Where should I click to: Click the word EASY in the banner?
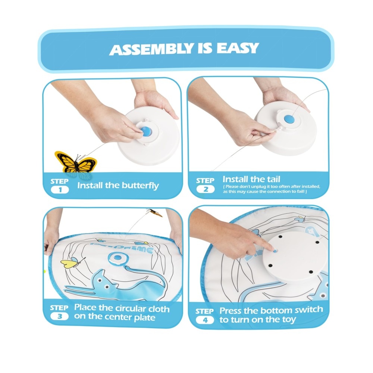(x=238, y=48)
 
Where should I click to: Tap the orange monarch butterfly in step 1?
(x=75, y=163)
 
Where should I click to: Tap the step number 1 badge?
(x=60, y=189)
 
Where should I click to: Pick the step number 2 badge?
(x=206, y=189)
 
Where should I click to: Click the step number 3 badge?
(x=59, y=316)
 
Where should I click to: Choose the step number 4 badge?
(x=205, y=320)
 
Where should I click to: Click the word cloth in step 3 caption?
(x=159, y=309)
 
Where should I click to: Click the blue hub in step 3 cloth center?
(x=117, y=257)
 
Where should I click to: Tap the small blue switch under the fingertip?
(x=275, y=251)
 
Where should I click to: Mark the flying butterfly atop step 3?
(x=155, y=213)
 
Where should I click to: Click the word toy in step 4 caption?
(x=289, y=320)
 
